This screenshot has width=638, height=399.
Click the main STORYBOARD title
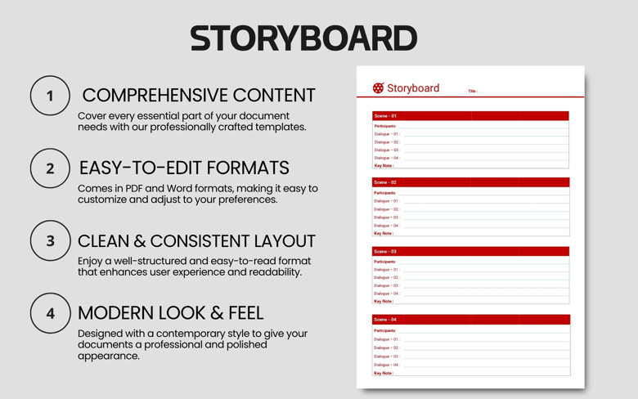(x=303, y=38)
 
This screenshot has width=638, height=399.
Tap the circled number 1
(x=50, y=96)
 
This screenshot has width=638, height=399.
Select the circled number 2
(x=50, y=168)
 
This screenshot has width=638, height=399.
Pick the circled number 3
(x=50, y=241)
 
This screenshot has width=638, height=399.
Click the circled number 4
(x=50, y=313)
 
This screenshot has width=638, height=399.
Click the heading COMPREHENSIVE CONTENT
(x=198, y=96)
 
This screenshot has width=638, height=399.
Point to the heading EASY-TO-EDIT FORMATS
(x=184, y=168)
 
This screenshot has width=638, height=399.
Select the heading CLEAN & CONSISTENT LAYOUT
(x=196, y=241)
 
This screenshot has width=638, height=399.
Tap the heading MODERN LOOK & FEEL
(x=170, y=313)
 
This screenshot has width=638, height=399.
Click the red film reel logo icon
(x=378, y=88)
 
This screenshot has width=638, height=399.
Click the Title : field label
(x=473, y=92)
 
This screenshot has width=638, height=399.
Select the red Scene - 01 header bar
(x=470, y=116)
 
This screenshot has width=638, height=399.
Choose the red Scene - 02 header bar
(x=470, y=182)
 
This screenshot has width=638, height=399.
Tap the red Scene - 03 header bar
(x=470, y=252)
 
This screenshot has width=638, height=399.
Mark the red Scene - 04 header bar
(x=470, y=320)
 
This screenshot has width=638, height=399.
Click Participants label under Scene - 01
(x=385, y=126)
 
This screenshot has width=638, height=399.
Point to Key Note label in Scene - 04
(x=384, y=373)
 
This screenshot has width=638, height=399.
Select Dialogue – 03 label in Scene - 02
(x=387, y=217)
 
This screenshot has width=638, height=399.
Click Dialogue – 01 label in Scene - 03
(x=387, y=270)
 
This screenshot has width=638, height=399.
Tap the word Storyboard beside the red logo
(x=413, y=88)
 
